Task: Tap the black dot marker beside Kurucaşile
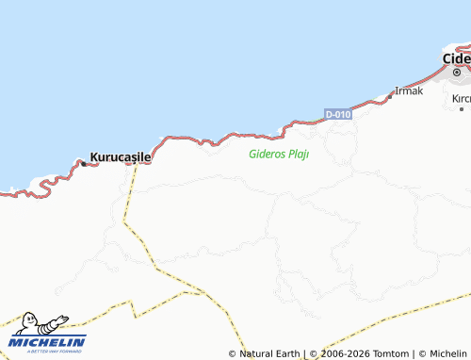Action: [x=83, y=163]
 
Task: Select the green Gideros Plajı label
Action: [x=279, y=154]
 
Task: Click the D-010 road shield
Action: [x=338, y=114]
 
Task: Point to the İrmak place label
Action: [x=410, y=90]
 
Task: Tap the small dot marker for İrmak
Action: [x=391, y=95]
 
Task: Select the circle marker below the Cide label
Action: [x=457, y=72]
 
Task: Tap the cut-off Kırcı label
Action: [x=461, y=98]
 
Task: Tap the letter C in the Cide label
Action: [x=448, y=57]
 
